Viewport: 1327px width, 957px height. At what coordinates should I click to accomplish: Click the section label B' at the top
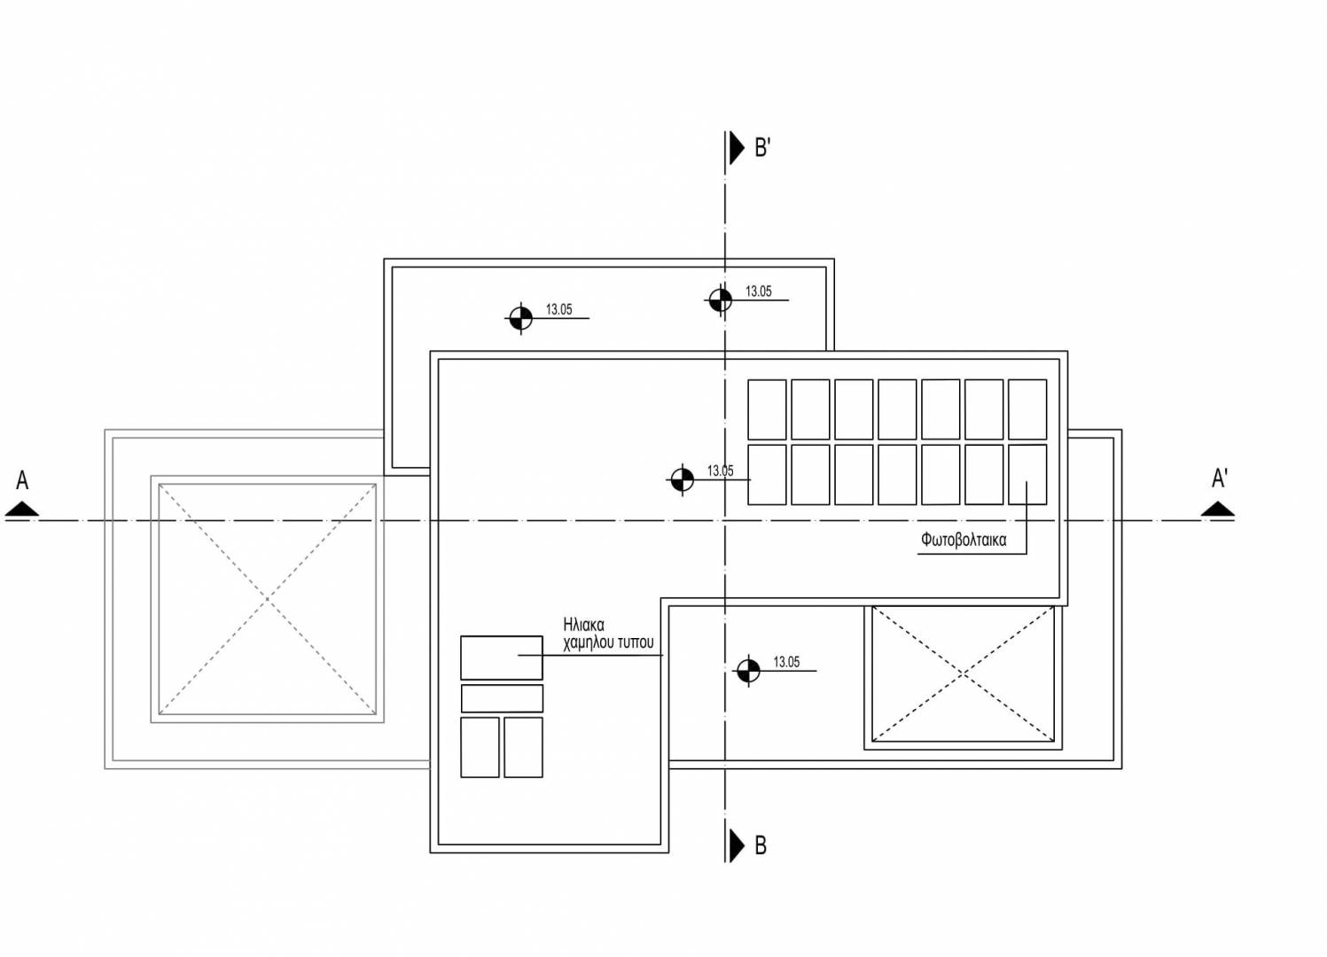(x=761, y=147)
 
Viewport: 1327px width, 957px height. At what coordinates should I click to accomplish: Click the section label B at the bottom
(x=761, y=845)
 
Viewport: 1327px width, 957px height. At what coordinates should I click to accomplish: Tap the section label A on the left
(x=22, y=480)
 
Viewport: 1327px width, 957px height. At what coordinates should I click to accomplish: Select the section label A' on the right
(x=1219, y=478)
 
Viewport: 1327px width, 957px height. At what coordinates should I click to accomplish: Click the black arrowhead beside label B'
(x=737, y=148)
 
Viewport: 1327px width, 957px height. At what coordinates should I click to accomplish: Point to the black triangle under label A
(x=22, y=509)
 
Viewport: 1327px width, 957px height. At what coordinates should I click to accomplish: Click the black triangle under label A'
(x=1218, y=509)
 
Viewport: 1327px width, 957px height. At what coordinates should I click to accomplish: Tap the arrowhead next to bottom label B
(x=737, y=845)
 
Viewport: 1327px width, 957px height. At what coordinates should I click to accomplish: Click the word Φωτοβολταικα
(x=964, y=540)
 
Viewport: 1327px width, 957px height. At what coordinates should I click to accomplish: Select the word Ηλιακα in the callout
(x=583, y=625)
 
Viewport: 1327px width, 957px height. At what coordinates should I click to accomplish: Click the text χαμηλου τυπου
(x=608, y=642)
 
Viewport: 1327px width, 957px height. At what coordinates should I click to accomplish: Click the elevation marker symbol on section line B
(x=721, y=300)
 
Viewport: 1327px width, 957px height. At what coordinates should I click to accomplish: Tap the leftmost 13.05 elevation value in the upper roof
(x=558, y=309)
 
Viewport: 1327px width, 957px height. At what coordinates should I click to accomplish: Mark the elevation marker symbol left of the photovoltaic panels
(x=682, y=479)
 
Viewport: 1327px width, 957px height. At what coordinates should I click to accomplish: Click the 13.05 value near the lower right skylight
(x=786, y=662)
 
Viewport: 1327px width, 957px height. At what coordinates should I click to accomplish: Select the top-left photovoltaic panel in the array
(x=767, y=409)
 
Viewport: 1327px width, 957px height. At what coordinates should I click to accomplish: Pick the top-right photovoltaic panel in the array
(x=1027, y=409)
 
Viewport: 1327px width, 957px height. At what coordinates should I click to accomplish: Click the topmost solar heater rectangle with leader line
(x=501, y=657)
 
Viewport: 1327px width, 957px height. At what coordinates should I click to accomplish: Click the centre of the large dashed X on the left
(x=267, y=599)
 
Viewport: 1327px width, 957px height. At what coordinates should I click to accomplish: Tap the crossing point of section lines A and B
(x=725, y=520)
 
